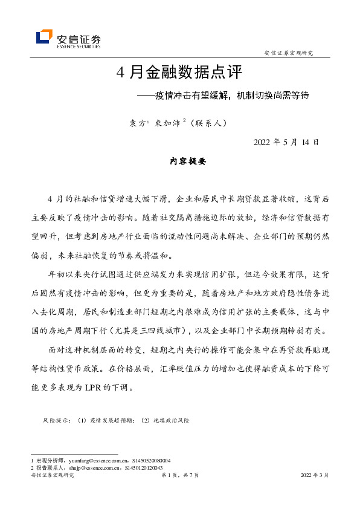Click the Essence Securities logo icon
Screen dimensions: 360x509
tap(44, 37)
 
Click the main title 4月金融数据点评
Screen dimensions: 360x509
tap(179, 73)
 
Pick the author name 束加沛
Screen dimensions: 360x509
tap(167, 122)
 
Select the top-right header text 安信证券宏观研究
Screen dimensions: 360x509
tap(289, 53)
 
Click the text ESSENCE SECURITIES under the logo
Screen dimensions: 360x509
tap(79, 45)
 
